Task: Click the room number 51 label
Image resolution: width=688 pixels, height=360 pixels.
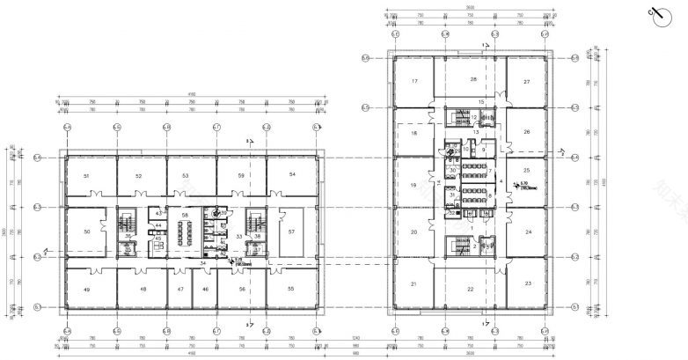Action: click(x=86, y=177)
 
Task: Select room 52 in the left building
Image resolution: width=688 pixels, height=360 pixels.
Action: click(x=139, y=177)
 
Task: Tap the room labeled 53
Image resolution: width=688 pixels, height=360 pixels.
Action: click(x=186, y=177)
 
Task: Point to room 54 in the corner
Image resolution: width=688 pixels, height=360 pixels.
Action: click(x=291, y=176)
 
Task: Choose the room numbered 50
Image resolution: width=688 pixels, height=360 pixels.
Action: click(x=86, y=231)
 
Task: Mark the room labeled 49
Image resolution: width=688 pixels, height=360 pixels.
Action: click(x=86, y=289)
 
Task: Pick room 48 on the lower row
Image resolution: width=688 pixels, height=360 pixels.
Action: click(x=142, y=289)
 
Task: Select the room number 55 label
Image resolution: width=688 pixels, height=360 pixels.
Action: click(x=291, y=289)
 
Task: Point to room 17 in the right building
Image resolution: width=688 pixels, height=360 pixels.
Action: click(x=413, y=81)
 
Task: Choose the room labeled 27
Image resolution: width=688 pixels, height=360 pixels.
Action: click(x=526, y=81)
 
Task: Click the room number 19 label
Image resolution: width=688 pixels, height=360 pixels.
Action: click(x=413, y=186)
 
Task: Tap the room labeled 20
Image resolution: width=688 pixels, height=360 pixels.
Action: click(x=413, y=232)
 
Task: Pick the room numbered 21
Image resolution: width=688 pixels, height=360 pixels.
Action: click(x=413, y=284)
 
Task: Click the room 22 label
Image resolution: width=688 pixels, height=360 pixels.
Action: click(x=471, y=290)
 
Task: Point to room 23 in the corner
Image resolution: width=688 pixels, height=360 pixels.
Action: click(x=526, y=283)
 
